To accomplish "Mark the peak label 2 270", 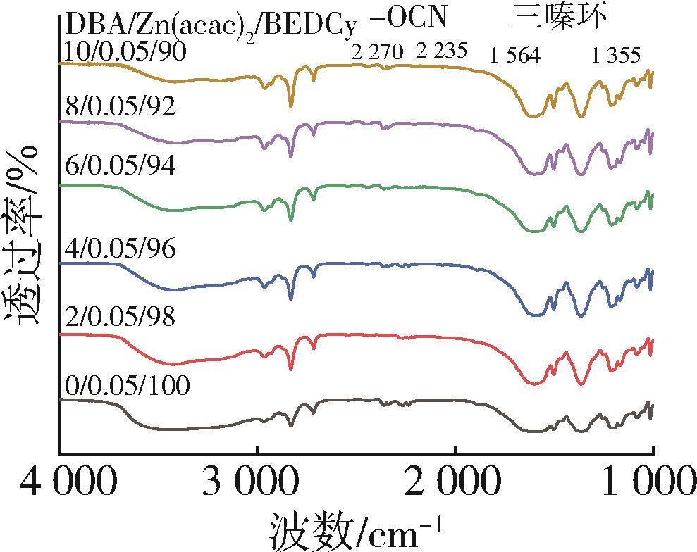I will (377, 52).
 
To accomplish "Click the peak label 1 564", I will (515, 56).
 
